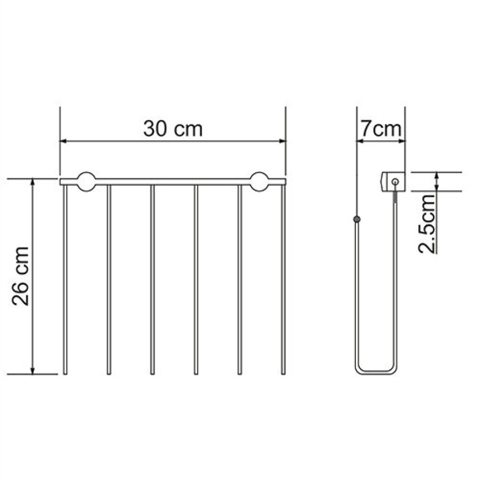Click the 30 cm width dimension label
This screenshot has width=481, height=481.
tap(173, 129)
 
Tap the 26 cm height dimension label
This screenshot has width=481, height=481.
tap(20, 276)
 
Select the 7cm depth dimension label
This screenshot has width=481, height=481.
tap(381, 129)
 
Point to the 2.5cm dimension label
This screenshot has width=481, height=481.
tap(426, 224)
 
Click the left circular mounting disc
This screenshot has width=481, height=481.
tap(86, 182)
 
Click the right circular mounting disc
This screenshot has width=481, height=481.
tap(260, 182)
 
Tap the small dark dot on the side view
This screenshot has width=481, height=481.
tap(356, 219)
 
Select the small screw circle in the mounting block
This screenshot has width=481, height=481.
tap(395, 182)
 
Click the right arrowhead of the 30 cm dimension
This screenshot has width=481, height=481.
tap(282, 141)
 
